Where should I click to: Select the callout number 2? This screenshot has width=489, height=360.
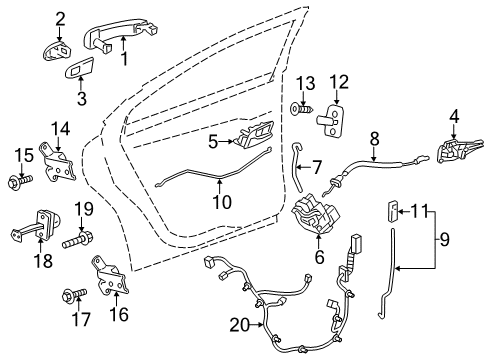[x=60, y=17]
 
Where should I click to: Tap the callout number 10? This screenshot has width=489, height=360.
[x=222, y=203]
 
